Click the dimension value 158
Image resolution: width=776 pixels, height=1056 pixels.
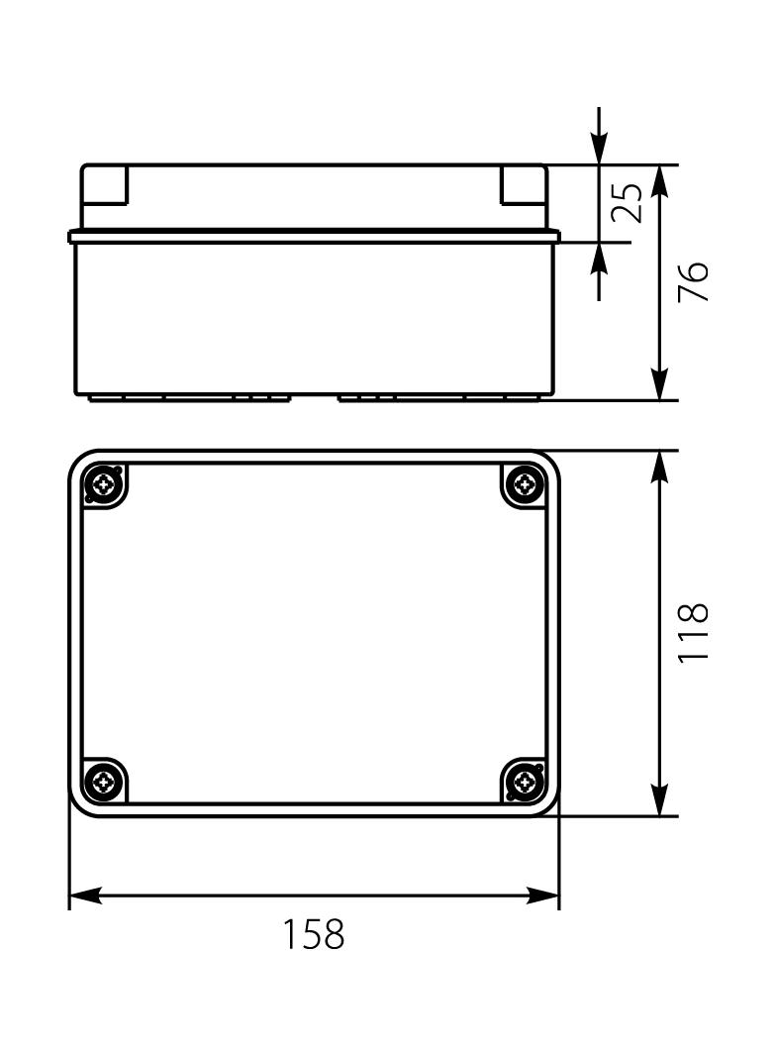point(315,934)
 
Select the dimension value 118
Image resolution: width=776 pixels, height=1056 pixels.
point(695,634)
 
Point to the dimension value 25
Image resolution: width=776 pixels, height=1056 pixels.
point(627,202)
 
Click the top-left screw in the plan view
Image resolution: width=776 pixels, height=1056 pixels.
point(103,484)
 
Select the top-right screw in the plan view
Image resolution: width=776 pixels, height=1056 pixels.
point(525,484)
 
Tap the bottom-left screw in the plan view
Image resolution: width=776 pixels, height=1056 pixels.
point(103,784)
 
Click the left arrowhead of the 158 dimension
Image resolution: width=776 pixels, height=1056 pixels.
point(85,896)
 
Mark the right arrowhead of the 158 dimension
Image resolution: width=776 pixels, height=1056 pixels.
point(543,896)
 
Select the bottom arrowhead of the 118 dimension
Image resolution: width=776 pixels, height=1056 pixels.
point(661,799)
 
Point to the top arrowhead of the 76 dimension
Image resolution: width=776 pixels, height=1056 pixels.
point(661,182)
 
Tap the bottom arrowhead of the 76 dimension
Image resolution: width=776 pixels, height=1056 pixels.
point(661,384)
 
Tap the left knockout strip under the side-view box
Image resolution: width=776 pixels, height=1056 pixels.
point(188,398)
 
